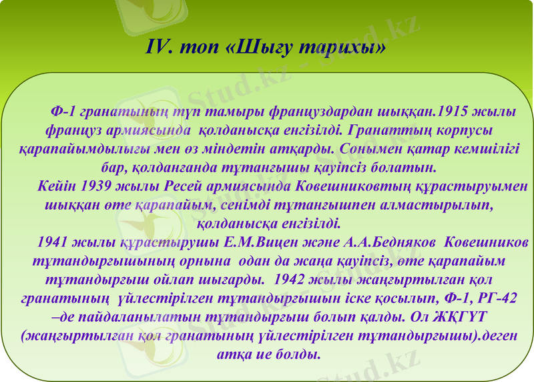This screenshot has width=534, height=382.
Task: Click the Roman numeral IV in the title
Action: (x=158, y=48)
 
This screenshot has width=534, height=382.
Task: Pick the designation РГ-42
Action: (x=495, y=295)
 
